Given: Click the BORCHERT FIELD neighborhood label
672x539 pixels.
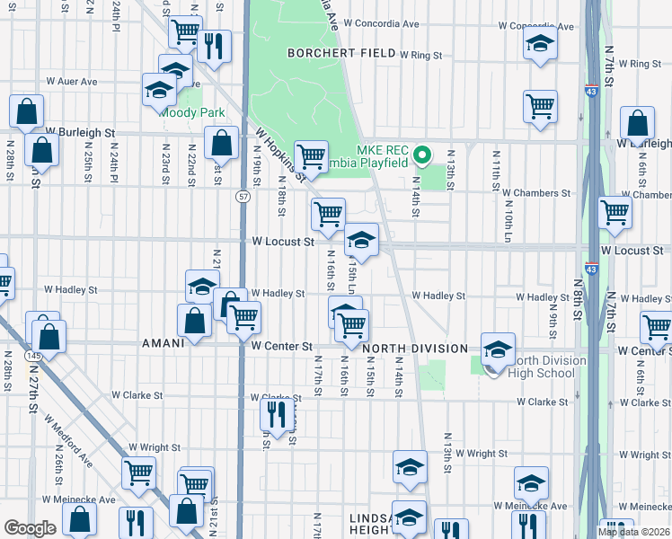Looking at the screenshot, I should click(x=341, y=54).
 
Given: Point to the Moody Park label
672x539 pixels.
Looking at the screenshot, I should click(x=191, y=113).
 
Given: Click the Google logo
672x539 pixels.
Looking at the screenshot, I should click(x=30, y=528).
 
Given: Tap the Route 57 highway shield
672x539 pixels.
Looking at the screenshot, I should click(x=243, y=195).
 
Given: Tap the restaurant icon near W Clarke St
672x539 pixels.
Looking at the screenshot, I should click(x=275, y=414).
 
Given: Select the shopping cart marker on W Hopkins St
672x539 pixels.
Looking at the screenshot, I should click(x=311, y=157).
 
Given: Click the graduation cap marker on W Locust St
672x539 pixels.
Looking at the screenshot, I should click(x=361, y=240).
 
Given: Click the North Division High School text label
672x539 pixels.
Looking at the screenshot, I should click(x=546, y=367).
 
